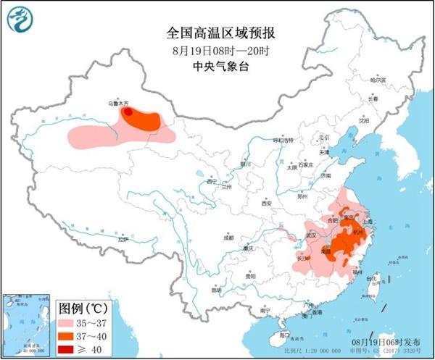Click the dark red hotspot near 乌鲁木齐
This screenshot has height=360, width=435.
tap(128, 112)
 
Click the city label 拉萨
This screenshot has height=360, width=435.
tap(122, 238)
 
